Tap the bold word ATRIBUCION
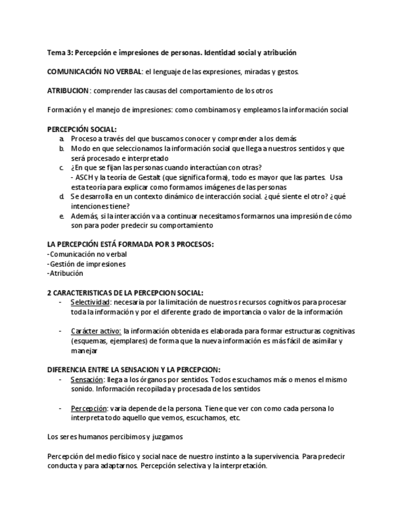click(x=68, y=91)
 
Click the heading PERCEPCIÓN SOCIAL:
click(x=82, y=129)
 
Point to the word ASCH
click(x=84, y=177)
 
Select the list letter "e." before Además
click(x=61, y=216)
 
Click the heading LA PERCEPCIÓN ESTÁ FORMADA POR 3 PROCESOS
click(x=130, y=244)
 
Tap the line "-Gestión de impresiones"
click(x=87, y=264)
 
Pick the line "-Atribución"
click(x=65, y=273)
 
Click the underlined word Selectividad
click(x=90, y=302)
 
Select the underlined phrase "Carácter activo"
click(x=95, y=331)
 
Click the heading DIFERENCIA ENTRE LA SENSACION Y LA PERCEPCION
click(x=134, y=369)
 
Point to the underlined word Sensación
click(x=87, y=380)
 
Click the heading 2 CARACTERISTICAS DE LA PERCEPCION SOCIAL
click(x=125, y=292)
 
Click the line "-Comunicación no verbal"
click(x=87, y=254)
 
